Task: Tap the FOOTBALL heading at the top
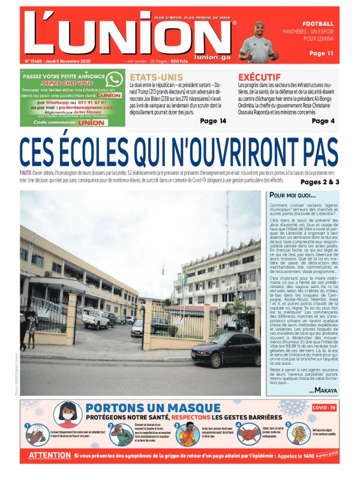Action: (x=318, y=23)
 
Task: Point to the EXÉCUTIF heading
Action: (x=259, y=77)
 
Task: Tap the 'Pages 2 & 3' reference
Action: (x=320, y=182)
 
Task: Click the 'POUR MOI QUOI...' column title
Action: (x=292, y=196)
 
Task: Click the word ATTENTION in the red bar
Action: (x=50, y=455)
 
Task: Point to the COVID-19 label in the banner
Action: (x=324, y=407)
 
